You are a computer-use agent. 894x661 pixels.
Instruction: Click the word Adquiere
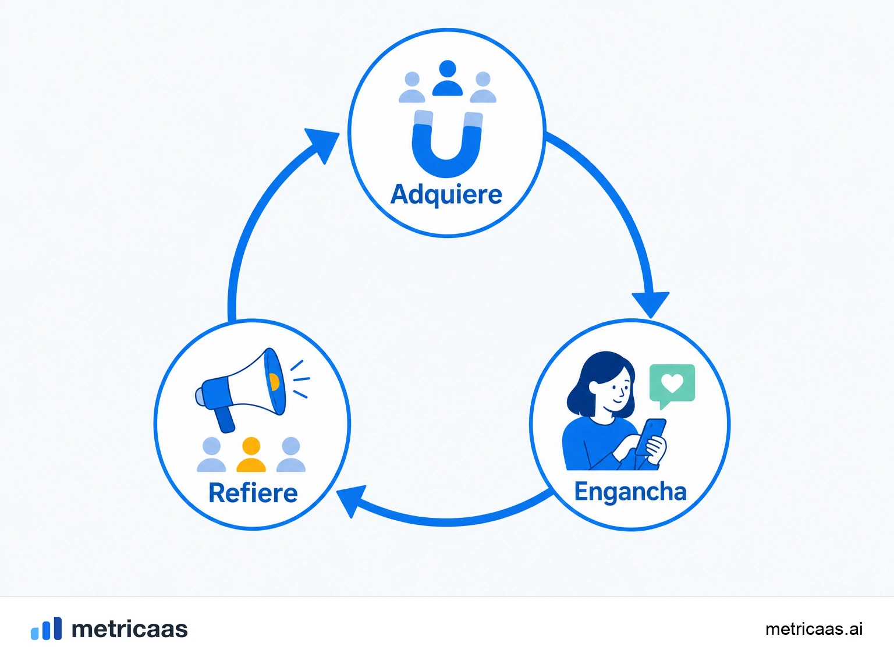[x=446, y=195]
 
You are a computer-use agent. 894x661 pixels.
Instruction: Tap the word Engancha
[x=630, y=492]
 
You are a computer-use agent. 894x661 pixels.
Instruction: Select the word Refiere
[x=253, y=492]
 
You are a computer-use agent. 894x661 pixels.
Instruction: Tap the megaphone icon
[x=242, y=389]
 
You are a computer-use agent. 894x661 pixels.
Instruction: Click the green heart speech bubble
[x=672, y=385]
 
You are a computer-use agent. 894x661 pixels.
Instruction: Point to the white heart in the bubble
[x=672, y=383]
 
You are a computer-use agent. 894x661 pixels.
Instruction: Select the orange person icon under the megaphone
[x=251, y=454]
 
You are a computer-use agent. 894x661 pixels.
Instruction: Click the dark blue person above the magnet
[x=448, y=78]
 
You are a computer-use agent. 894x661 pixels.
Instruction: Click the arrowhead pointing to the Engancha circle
[x=650, y=304]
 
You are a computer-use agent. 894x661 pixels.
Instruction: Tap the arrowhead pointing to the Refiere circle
[x=349, y=500]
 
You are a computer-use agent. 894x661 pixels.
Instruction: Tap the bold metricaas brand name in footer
[x=129, y=629]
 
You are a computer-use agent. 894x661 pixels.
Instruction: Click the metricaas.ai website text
[x=814, y=629]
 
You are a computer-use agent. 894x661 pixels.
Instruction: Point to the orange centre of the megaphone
[x=274, y=382]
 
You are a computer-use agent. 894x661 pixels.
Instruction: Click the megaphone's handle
[x=225, y=419]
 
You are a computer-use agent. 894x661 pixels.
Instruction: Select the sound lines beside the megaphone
[x=300, y=379]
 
